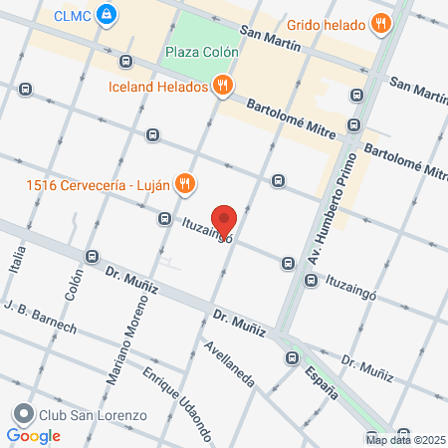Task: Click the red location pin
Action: click(x=225, y=221)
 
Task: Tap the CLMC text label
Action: click(x=73, y=15)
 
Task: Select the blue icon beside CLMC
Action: click(x=110, y=15)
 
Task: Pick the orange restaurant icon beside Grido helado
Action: click(x=380, y=23)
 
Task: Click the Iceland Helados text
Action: click(x=159, y=87)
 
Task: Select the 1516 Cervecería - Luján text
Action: click(x=98, y=183)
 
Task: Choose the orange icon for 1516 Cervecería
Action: click(x=184, y=182)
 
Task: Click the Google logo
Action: click(x=33, y=435)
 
